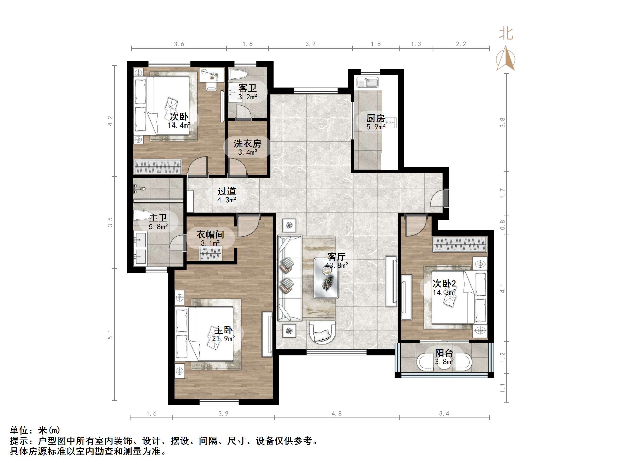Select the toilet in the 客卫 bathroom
click(239, 75)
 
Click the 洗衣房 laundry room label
click(247, 144)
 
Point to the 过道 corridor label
click(227, 191)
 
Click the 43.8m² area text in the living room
click(337, 265)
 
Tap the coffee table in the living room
click(326, 278)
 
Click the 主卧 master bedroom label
click(224, 330)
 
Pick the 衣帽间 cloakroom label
click(210, 234)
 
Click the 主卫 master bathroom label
click(158, 218)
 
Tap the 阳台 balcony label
click(444, 353)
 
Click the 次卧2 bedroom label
click(444, 283)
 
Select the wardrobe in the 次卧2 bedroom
click(460, 244)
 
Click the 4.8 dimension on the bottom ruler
click(336, 414)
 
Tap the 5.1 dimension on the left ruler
click(110, 334)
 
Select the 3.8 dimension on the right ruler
click(502, 122)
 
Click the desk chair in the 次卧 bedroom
click(211, 86)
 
